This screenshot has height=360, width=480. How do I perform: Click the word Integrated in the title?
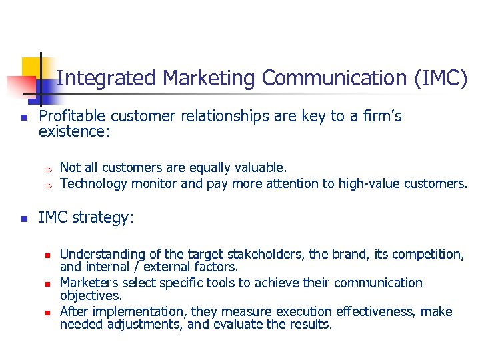(x=107, y=79)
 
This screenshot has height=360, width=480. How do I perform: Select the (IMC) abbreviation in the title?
(x=441, y=79)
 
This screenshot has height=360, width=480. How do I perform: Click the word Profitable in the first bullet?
(x=71, y=117)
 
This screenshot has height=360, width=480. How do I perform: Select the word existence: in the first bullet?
(x=74, y=132)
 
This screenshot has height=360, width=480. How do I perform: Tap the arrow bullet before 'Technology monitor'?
(x=48, y=184)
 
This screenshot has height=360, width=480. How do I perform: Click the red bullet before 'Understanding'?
(x=48, y=255)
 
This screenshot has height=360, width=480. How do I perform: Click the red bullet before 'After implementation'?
(x=48, y=313)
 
